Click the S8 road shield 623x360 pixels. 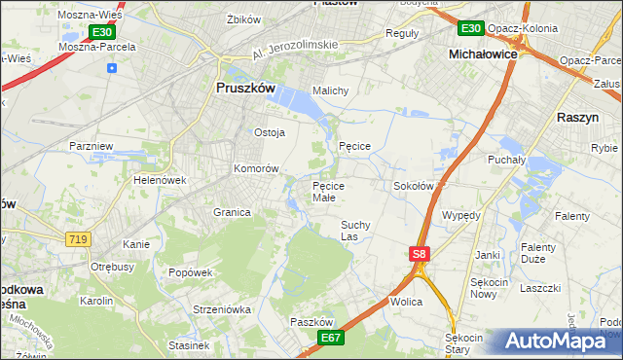pyautogui.click(x=418, y=254)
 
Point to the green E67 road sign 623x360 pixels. pyautogui.click(x=332, y=337)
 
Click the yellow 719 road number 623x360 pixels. pyautogui.click(x=78, y=238)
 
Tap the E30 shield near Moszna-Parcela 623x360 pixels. pyautogui.click(x=103, y=32)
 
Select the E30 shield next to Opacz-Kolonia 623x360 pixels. pyautogui.click(x=472, y=28)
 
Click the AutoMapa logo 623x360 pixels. pyautogui.click(x=560, y=342)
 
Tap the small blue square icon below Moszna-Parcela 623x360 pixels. pyautogui.click(x=113, y=68)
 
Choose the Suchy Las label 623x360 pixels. pyautogui.click(x=354, y=230)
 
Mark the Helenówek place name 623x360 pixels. pyautogui.click(x=161, y=180)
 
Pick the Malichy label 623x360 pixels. pyautogui.click(x=330, y=90)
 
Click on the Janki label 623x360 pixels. pyautogui.click(x=487, y=255)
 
